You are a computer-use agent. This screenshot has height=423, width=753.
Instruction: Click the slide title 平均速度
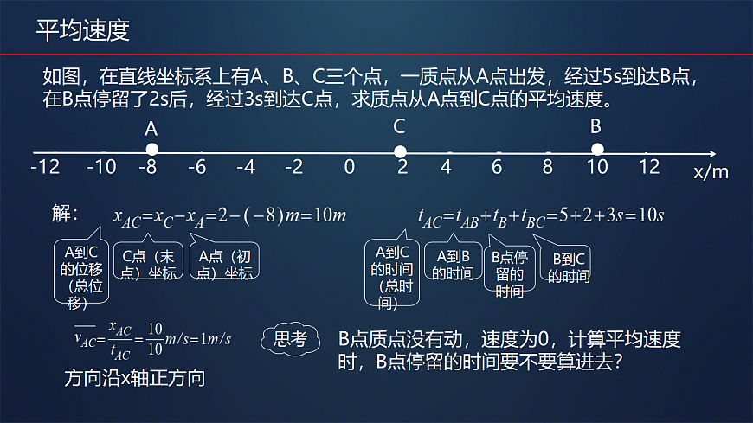coord(83,31)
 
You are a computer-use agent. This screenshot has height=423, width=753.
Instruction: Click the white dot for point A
coord(152,150)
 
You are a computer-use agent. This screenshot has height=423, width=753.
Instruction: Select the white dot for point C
coord(400,151)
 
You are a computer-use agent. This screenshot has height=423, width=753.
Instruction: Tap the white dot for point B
coord(596,150)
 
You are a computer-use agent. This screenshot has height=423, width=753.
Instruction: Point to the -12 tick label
coord(45,166)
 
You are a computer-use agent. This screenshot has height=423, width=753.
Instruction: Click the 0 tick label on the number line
coord(350,166)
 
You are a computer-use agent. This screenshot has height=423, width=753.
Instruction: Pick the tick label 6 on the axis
coord(497,166)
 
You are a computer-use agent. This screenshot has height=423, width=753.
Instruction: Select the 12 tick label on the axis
coord(649,166)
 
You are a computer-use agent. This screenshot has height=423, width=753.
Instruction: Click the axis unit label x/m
coord(711,171)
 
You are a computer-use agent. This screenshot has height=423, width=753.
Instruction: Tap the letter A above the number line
coord(151,128)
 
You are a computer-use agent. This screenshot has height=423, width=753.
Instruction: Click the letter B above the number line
coord(595,126)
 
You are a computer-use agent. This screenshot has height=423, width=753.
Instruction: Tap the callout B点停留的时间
coord(509,273)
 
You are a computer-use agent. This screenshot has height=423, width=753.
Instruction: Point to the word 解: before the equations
coord(65,215)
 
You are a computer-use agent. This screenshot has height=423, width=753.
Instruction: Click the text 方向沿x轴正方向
coord(134,378)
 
